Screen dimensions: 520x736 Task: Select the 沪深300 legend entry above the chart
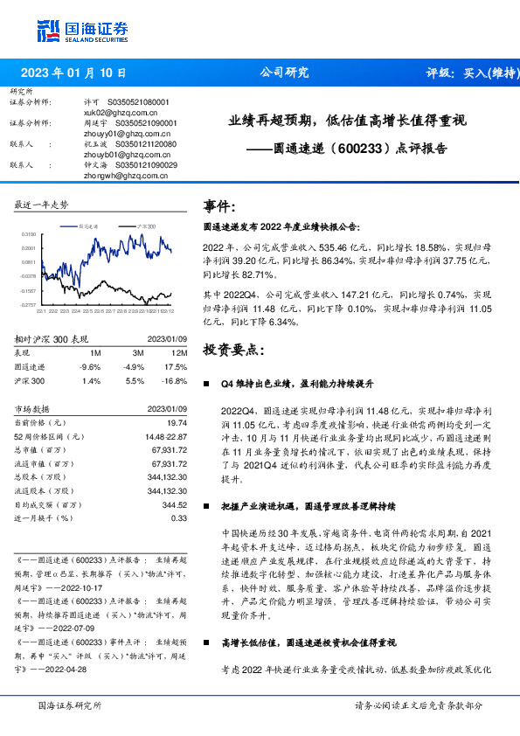pyautogui.click(x=145, y=226)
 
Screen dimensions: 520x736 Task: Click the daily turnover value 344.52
pyautogui.click(x=175, y=503)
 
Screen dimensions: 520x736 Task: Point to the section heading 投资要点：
pyautogui.click(x=232, y=350)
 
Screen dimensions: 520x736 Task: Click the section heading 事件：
pyautogui.click(x=219, y=207)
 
